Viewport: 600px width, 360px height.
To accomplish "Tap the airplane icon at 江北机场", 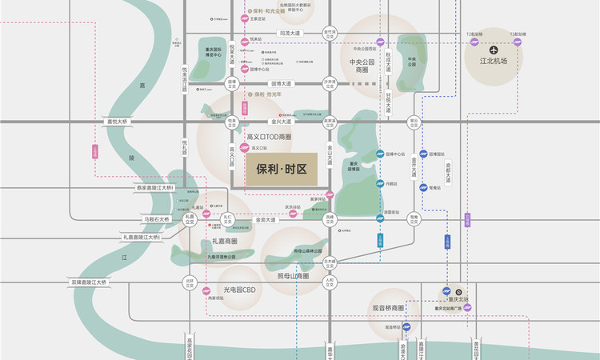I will coord(494,50).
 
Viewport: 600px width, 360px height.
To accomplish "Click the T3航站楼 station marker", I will coord(518,42).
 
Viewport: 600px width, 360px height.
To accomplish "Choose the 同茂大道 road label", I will coord(290,34).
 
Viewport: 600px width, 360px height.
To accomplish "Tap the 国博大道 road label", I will coord(284,82).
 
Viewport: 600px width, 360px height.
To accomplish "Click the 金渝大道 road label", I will coord(265,219).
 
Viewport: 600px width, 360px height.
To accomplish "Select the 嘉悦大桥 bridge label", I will coord(118,122).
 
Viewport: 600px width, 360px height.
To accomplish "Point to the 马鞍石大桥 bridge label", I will coord(156,218).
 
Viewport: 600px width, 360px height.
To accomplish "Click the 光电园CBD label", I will coord(238,290).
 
